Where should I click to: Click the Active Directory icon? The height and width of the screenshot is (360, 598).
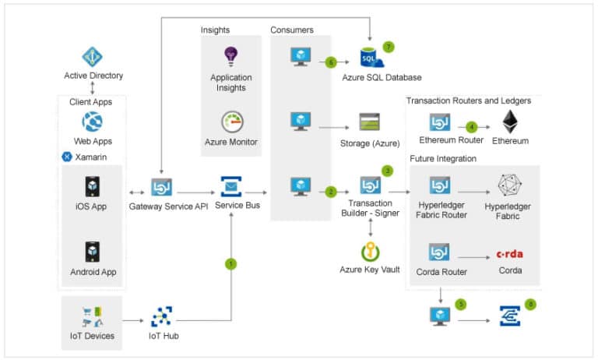coord(93,56)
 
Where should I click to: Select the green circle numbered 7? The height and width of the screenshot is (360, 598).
coord(389,47)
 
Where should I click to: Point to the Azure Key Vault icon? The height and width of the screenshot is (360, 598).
coord(370,252)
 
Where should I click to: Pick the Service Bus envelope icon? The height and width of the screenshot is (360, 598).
coord(230,186)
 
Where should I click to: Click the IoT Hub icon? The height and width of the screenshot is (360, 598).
coord(161,316)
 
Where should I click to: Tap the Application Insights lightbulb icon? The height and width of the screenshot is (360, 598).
coord(230,56)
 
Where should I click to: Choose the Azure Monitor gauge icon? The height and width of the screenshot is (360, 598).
coord(232,122)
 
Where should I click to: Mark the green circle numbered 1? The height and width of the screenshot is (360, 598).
coord(230,263)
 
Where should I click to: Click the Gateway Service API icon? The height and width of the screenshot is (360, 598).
coord(161,186)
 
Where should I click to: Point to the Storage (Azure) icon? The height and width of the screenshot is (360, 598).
coord(369,122)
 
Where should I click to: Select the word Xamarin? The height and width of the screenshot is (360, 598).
coord(91,157)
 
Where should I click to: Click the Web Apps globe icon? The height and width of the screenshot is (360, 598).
coord(93,122)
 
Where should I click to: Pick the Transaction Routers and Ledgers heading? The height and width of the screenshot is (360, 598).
coord(469,101)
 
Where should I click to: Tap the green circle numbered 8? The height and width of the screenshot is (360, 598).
coord(531,304)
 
